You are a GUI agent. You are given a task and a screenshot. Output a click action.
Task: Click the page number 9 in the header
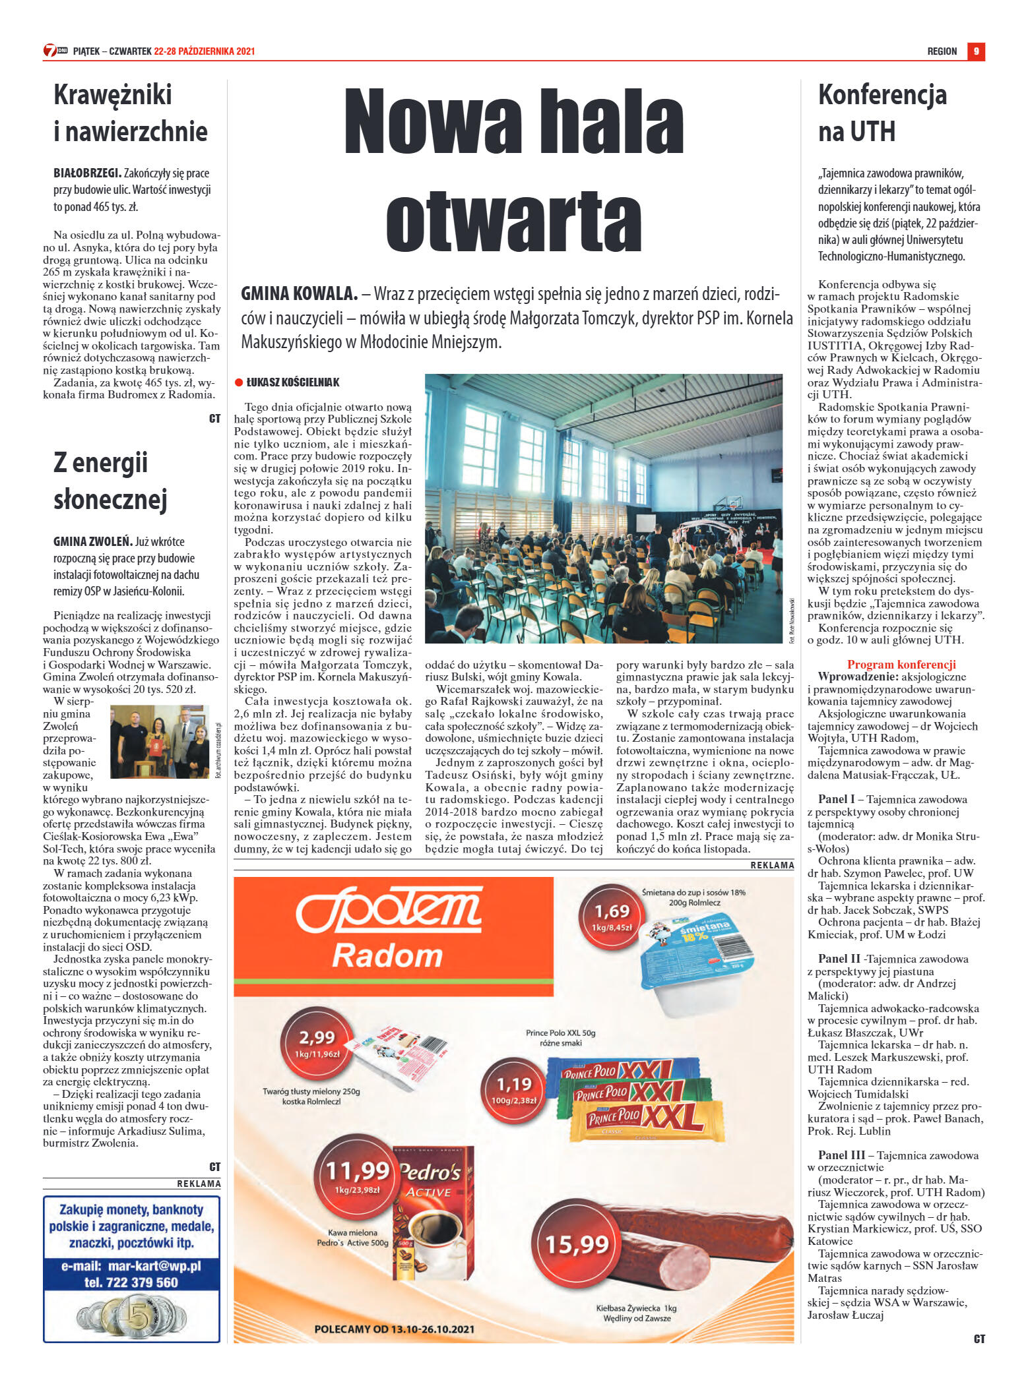(x=975, y=51)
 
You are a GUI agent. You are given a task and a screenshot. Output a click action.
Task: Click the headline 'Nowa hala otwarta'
(x=513, y=170)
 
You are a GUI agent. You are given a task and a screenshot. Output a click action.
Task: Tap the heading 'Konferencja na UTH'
(x=882, y=113)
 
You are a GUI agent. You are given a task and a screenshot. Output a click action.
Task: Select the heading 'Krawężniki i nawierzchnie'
(x=131, y=113)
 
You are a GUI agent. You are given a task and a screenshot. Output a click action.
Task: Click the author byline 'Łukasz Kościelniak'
(x=292, y=382)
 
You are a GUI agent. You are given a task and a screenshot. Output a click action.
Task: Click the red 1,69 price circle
(x=612, y=916)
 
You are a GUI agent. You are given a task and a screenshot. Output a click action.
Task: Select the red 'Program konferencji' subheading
(x=901, y=664)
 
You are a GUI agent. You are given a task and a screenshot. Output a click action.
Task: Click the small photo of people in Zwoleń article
(x=159, y=742)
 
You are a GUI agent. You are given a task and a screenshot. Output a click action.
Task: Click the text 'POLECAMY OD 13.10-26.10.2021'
(x=394, y=1329)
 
